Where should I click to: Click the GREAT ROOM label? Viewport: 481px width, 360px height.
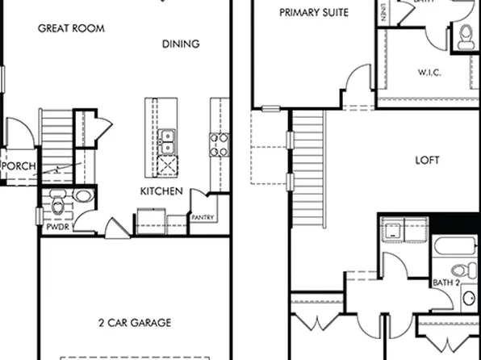(x=72, y=28)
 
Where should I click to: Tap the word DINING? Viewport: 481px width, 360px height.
(x=181, y=44)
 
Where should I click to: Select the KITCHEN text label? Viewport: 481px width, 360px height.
(x=161, y=191)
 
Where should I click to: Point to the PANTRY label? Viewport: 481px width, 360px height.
(x=202, y=217)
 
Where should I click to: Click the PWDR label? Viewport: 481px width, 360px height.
(x=55, y=228)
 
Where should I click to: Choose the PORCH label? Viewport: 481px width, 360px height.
(x=17, y=165)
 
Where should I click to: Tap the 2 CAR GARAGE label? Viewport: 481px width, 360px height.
(x=135, y=323)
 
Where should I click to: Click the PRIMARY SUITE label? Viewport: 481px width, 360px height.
(x=314, y=12)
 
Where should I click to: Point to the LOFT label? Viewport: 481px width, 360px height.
(x=427, y=160)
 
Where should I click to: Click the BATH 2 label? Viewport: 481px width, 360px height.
(x=446, y=283)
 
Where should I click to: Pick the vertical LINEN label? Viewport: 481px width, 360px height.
(x=381, y=11)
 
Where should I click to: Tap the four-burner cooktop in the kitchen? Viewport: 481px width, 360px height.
(x=220, y=144)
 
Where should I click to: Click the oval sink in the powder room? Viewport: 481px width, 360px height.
(x=82, y=196)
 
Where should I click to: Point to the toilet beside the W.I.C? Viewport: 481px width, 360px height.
(x=465, y=35)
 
